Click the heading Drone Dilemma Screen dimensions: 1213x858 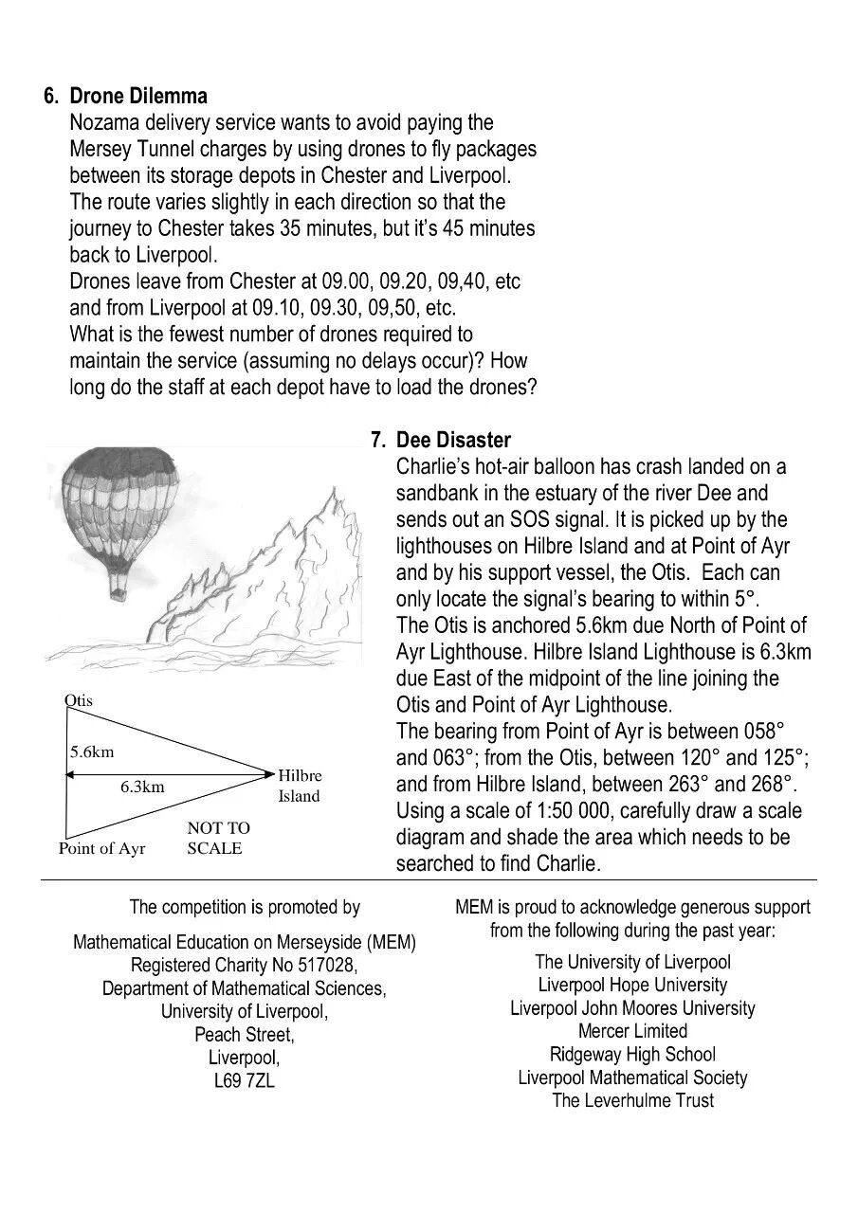tap(138, 97)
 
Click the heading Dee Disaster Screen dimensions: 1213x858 tap(453, 440)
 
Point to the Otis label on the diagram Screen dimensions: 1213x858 tap(79, 700)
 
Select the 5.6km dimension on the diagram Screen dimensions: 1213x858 tap(91, 752)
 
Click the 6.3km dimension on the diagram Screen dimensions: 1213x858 tap(142, 787)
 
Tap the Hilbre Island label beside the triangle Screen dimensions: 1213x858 tap(299, 786)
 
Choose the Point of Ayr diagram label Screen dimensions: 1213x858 tap(102, 848)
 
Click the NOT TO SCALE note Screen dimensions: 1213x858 tap(217, 838)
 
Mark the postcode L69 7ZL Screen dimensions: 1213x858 tap(244, 1080)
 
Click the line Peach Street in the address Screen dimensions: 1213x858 tap(244, 1034)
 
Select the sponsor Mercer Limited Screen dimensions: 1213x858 tap(632, 1031)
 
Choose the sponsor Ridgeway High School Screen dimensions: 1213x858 tap(632, 1054)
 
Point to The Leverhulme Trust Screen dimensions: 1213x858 tap(632, 1100)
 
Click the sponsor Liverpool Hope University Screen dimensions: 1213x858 tap(632, 985)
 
